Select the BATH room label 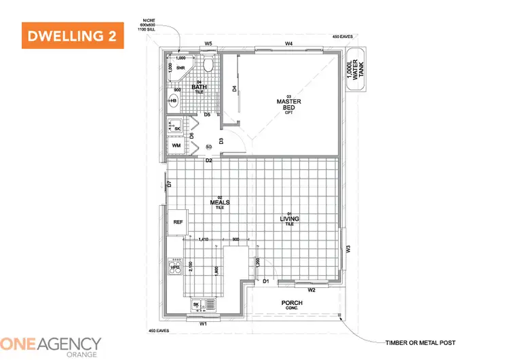tap(199, 86)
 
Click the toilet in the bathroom tap(209, 66)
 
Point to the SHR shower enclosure tap(181, 68)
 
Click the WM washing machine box tap(176, 145)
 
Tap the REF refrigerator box tap(178, 221)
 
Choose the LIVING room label tap(289, 218)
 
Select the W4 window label tap(288, 43)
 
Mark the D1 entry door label tap(266, 281)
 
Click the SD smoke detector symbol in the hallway tap(209, 147)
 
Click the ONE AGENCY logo tap(51, 344)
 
